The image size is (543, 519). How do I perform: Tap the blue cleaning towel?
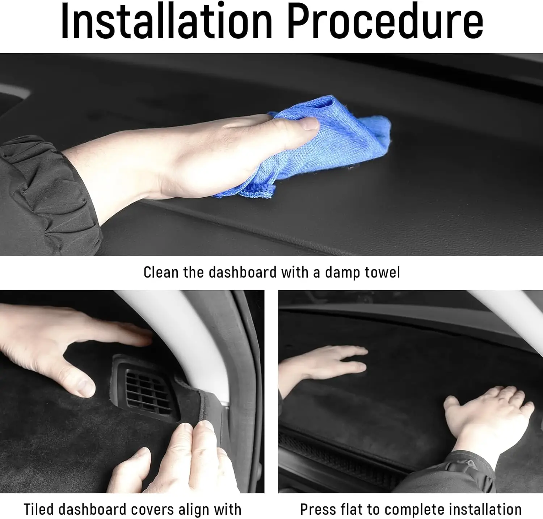pos(311,148)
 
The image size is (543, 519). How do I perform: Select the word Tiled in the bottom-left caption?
pos(39,509)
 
